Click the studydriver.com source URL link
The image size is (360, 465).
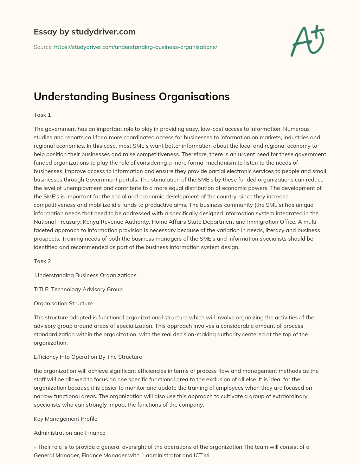pos(136,47)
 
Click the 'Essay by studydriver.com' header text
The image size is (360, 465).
pos(84,32)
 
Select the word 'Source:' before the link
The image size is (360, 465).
pos(43,47)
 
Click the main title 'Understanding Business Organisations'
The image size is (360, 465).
pos(131,96)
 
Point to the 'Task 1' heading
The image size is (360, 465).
pos(42,115)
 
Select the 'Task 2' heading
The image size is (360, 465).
pos(42,261)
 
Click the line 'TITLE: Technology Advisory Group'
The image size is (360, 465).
pos(78,289)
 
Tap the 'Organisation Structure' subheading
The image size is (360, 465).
pos(63,303)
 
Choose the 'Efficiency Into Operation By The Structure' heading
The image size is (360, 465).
pos(88,357)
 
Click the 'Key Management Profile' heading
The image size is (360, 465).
pos(65,419)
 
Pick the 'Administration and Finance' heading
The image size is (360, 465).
pos(70,433)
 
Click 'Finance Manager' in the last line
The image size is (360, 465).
pos(102,455)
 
